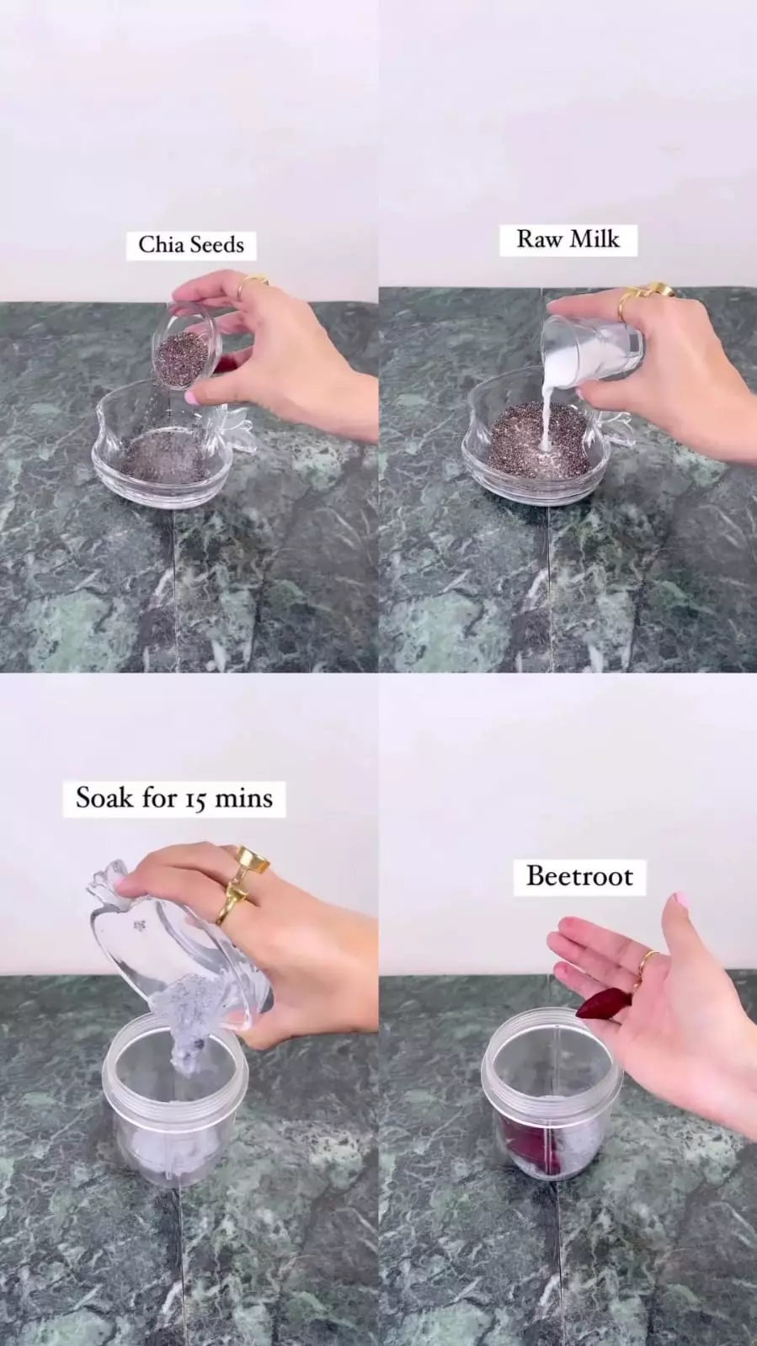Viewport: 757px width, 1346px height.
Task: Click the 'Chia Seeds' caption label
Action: point(191,245)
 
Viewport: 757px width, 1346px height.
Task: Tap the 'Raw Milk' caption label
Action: point(568,239)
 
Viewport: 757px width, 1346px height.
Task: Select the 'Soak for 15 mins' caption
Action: point(174,798)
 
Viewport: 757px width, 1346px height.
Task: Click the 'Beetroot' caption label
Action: point(579,876)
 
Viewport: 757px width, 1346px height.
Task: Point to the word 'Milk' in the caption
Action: point(594,239)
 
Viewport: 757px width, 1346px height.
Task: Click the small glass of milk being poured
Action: point(592,348)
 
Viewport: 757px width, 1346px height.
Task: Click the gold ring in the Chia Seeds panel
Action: point(250,285)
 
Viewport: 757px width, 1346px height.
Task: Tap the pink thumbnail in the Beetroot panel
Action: point(680,899)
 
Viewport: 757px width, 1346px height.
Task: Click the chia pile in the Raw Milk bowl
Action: point(537,442)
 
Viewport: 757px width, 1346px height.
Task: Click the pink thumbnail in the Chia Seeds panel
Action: point(192,397)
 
